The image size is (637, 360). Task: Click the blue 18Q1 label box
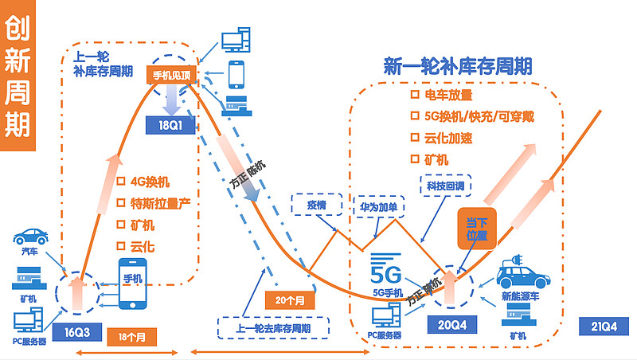(170, 125)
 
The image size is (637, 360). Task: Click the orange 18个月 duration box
(131, 336)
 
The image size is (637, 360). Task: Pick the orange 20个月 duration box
(290, 300)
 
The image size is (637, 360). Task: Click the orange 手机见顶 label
(171, 76)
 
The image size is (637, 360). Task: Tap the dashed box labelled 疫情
(316, 205)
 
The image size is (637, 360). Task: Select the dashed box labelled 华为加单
(378, 205)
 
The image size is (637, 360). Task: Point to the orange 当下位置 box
(476, 229)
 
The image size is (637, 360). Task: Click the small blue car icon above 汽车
(29, 237)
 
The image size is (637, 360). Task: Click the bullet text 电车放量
(448, 96)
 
